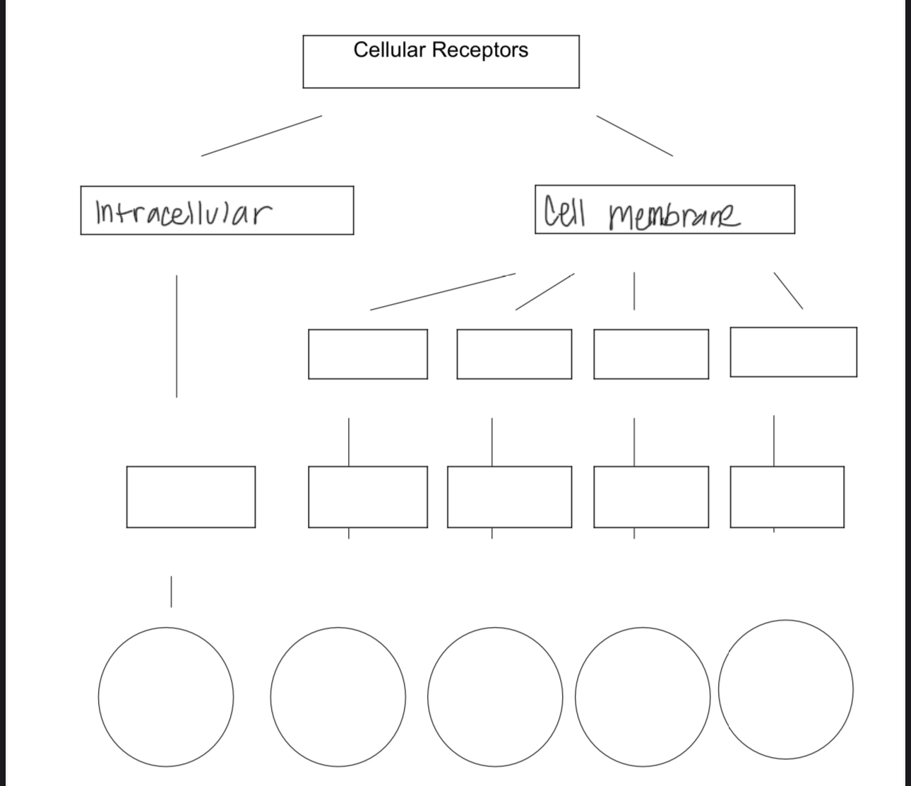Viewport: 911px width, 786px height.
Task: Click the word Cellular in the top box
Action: coord(390,50)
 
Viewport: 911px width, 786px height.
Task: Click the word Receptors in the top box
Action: coord(480,50)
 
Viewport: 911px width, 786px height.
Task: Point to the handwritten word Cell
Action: coord(564,211)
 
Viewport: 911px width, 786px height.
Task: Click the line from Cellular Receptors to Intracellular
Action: coord(261,136)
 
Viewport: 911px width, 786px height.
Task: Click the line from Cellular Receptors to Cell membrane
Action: coord(634,135)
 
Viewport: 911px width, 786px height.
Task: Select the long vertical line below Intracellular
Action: coord(177,336)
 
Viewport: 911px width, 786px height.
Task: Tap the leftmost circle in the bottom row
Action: coord(166,696)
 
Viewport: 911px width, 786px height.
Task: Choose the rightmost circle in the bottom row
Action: coord(785,689)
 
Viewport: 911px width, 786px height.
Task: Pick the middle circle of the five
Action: coord(493,697)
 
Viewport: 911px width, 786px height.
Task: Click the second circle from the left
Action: coord(338,696)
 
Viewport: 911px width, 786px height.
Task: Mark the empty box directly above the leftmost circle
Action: coord(191,496)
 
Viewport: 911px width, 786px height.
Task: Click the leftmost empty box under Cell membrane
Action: coord(367,353)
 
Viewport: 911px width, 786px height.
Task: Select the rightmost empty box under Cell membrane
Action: coord(793,351)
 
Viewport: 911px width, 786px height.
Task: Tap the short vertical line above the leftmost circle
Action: coord(170,591)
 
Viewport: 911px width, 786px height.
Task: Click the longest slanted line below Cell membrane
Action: coord(443,291)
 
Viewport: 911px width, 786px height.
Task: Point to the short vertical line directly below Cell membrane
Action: coord(634,291)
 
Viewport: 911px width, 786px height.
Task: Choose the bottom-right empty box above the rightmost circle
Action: coord(787,496)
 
